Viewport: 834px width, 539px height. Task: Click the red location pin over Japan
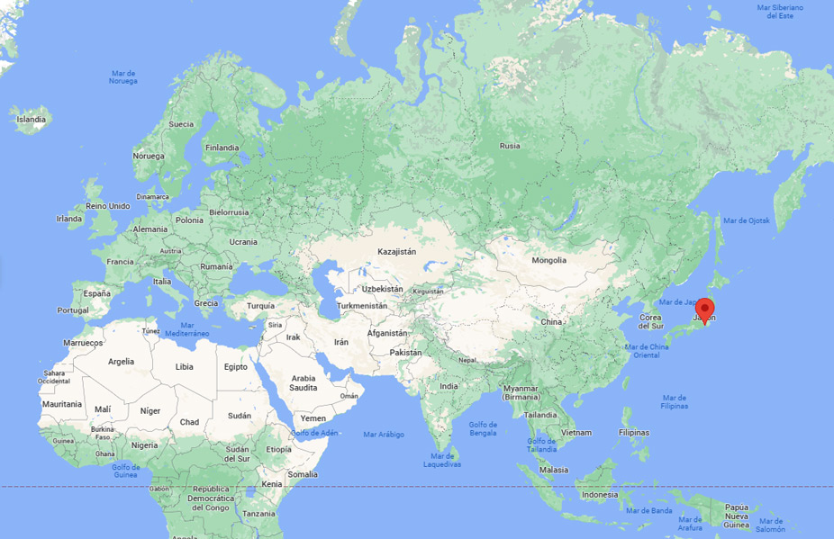click(x=706, y=309)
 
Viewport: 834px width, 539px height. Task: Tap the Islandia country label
click(x=31, y=119)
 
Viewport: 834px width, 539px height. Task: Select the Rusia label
click(x=510, y=146)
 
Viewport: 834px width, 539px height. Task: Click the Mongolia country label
click(x=549, y=260)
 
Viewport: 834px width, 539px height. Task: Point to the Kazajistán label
click(x=396, y=252)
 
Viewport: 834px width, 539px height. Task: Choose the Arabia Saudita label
click(x=304, y=382)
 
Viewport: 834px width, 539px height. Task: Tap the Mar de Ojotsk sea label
click(x=747, y=220)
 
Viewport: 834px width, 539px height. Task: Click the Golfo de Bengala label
click(x=483, y=429)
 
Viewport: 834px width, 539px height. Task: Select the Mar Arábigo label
click(x=384, y=435)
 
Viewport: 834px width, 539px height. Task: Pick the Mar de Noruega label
click(x=123, y=76)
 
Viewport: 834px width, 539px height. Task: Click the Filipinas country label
click(x=634, y=433)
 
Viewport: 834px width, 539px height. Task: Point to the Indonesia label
click(x=600, y=495)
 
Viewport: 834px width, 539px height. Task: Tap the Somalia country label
click(x=303, y=474)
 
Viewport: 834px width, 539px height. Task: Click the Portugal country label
click(x=73, y=310)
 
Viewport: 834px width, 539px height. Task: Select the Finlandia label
click(x=222, y=148)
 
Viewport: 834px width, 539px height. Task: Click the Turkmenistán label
click(x=361, y=306)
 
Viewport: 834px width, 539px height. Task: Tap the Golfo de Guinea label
click(x=125, y=471)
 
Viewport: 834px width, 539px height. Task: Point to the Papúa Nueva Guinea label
click(x=737, y=514)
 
